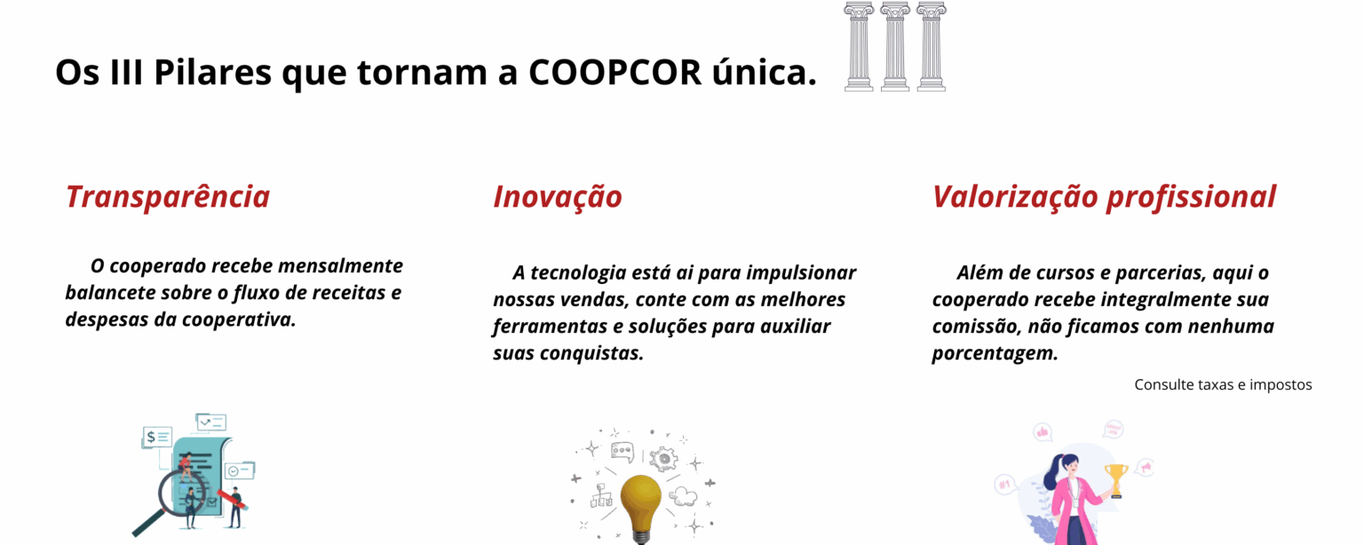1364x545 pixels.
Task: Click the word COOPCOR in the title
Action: pos(615,72)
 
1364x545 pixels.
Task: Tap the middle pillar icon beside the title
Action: pos(895,46)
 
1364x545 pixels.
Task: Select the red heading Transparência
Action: pos(168,197)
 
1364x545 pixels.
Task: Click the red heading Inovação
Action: pos(557,198)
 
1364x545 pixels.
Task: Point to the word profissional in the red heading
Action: pos(1191,198)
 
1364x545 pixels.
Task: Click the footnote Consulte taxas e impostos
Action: pos(1223,385)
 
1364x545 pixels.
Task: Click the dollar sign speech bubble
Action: pos(157,438)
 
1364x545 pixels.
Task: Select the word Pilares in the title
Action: pos(212,72)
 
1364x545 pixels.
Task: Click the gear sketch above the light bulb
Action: pos(663,459)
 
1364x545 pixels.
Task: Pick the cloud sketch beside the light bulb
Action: pos(683,496)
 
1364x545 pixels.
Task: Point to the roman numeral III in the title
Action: pos(127,72)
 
